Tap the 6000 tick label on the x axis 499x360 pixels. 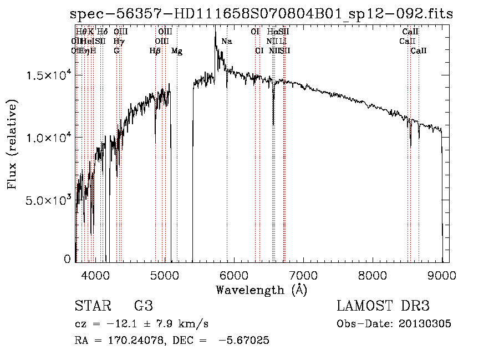(x=234, y=275)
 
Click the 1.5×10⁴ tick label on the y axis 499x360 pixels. (x=49, y=75)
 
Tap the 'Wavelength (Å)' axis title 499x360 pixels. (x=261, y=290)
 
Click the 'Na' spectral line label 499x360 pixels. (x=226, y=42)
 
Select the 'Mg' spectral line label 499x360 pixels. (x=176, y=51)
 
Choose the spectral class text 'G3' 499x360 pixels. (x=143, y=306)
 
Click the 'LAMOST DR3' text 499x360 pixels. (x=383, y=306)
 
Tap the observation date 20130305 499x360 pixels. (x=425, y=324)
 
